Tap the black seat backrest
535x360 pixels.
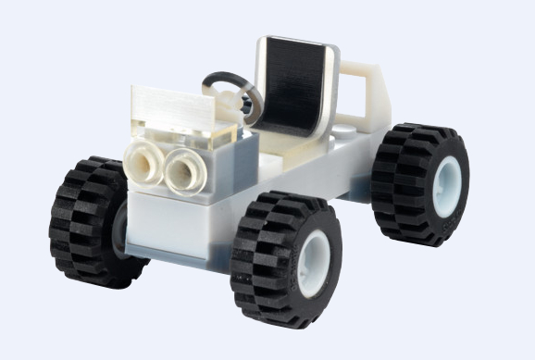[x=294, y=87]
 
